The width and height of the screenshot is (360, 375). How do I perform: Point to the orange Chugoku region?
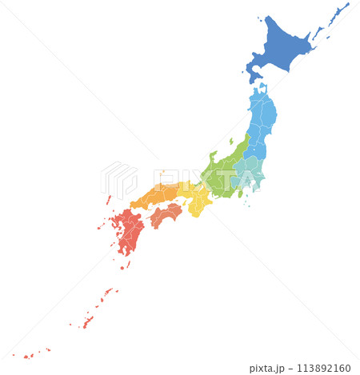[x=156, y=194]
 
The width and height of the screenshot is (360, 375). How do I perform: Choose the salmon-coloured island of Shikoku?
[x=166, y=214]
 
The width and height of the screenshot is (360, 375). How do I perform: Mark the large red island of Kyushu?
[x=128, y=232]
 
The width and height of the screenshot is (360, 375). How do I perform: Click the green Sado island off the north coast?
[x=230, y=142]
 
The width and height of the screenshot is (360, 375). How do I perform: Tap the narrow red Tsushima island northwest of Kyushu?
[x=108, y=199]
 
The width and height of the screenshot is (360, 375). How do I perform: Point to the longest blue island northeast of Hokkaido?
[x=339, y=13]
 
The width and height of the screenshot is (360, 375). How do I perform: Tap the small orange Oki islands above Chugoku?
[x=162, y=172]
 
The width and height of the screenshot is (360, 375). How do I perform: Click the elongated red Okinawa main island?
[x=88, y=321]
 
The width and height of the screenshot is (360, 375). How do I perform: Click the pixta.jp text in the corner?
[x=267, y=368]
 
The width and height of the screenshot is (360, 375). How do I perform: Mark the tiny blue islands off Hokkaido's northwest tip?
[x=259, y=18]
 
